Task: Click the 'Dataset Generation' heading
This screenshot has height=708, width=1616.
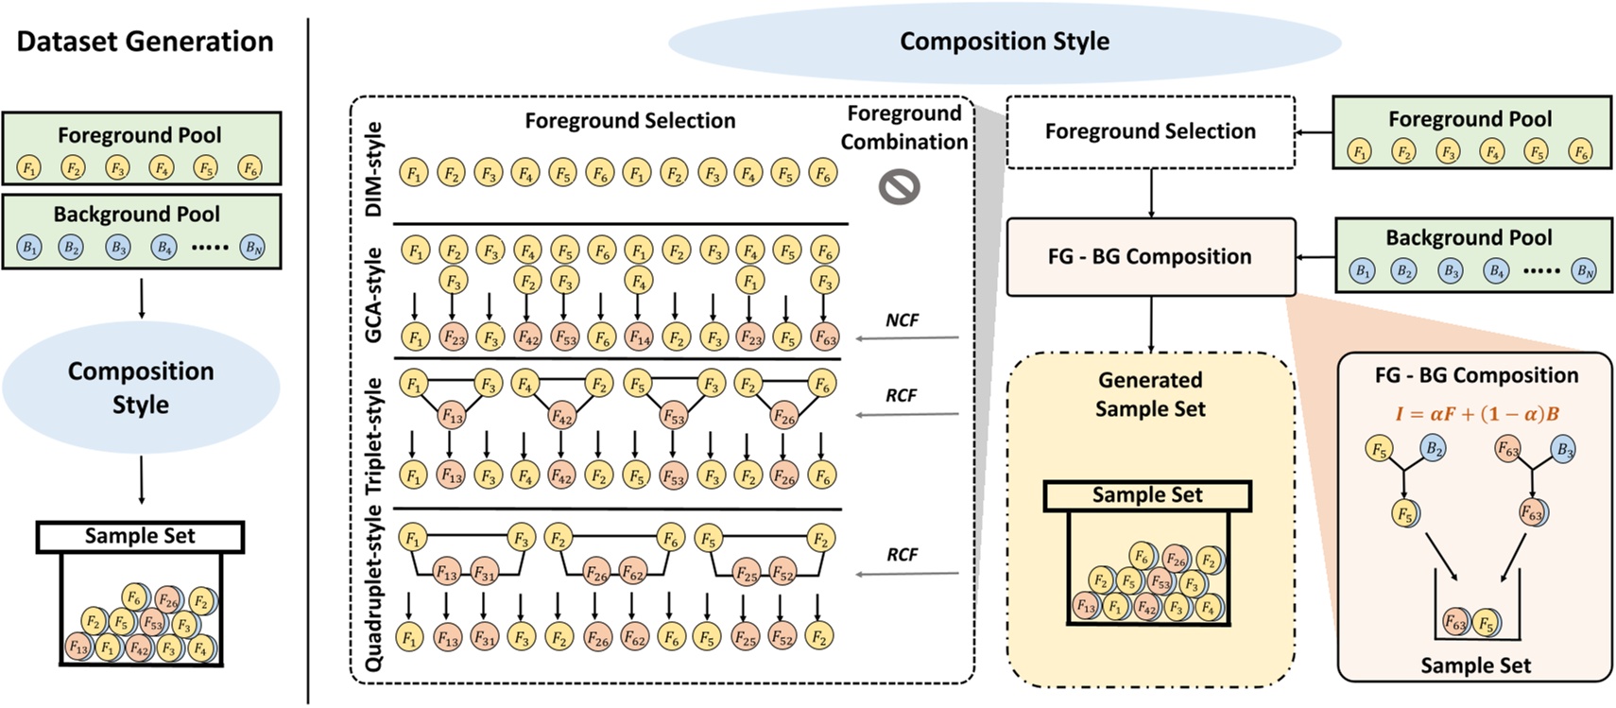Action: pyautogui.click(x=145, y=42)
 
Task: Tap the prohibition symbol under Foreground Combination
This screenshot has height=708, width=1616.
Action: pyautogui.click(x=899, y=187)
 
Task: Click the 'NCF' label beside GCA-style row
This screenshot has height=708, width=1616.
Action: pyautogui.click(x=902, y=320)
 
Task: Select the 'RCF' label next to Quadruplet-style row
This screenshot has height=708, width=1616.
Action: pyautogui.click(x=902, y=555)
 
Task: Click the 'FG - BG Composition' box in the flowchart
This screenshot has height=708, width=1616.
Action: pyautogui.click(x=1150, y=257)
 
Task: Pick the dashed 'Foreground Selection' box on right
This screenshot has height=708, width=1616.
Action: pyautogui.click(x=1150, y=131)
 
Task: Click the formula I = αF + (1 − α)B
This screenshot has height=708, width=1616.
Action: pyautogui.click(x=1477, y=413)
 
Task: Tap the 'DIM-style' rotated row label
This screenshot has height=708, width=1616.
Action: pyautogui.click(x=374, y=168)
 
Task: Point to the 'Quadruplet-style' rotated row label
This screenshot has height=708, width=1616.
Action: pyautogui.click(x=374, y=588)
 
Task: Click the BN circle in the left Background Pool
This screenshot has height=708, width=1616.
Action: pyautogui.click(x=252, y=248)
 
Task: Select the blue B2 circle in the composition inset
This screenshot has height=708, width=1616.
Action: pyautogui.click(x=1434, y=449)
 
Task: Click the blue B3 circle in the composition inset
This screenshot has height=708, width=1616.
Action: pyautogui.click(x=1564, y=449)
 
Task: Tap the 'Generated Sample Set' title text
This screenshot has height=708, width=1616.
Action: pyautogui.click(x=1150, y=394)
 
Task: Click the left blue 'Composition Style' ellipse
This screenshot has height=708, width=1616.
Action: pyautogui.click(x=141, y=388)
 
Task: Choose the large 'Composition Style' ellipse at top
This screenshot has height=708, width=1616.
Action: pyautogui.click(x=1004, y=42)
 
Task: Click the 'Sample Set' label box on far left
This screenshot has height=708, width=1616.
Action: pyautogui.click(x=140, y=536)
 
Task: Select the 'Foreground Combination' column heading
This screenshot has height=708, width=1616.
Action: pyautogui.click(x=904, y=128)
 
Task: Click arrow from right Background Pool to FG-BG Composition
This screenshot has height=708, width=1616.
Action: pyautogui.click(x=1314, y=257)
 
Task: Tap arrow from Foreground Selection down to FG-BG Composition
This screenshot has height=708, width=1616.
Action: pyautogui.click(x=1150, y=194)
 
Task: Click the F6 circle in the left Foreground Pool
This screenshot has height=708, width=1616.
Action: pyautogui.click(x=249, y=168)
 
